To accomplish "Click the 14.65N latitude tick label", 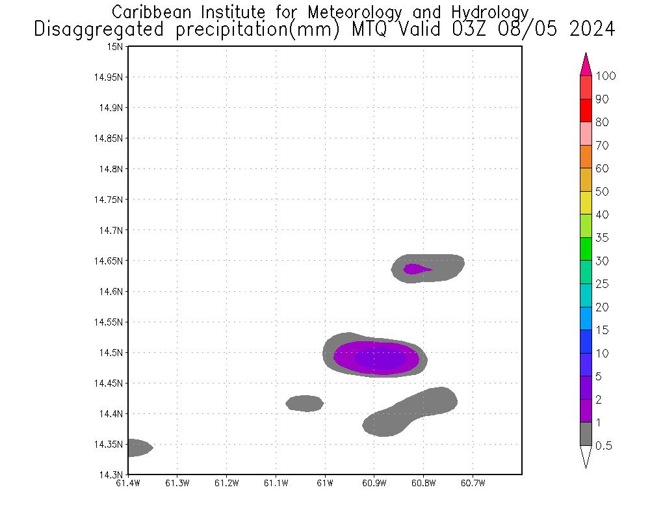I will tap(110, 261).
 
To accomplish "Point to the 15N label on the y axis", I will tap(116, 47).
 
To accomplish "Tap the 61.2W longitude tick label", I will tap(226, 482).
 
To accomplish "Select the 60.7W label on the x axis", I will tap(472, 482).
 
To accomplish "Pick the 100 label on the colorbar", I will tap(606, 76).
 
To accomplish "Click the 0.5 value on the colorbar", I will tap(604, 446).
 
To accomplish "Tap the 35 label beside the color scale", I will tap(602, 238).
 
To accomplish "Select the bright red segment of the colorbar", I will tap(586, 110).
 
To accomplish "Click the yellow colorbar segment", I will tap(586, 203).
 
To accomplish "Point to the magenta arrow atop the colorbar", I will tap(586, 66).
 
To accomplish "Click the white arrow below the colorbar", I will tap(586, 456).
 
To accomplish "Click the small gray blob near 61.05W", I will tap(304, 404).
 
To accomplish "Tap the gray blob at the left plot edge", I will tap(138, 448).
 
